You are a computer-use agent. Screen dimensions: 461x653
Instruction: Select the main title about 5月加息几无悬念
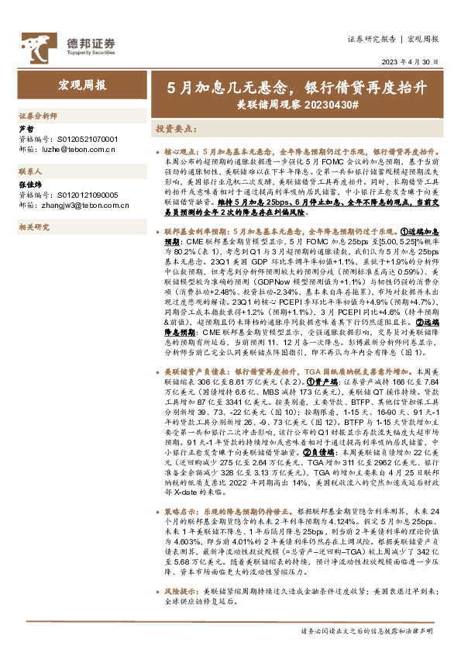(x=298, y=87)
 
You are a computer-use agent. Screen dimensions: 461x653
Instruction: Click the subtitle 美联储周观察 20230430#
(x=298, y=103)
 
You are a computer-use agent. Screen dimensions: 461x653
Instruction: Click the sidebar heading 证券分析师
(x=38, y=115)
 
